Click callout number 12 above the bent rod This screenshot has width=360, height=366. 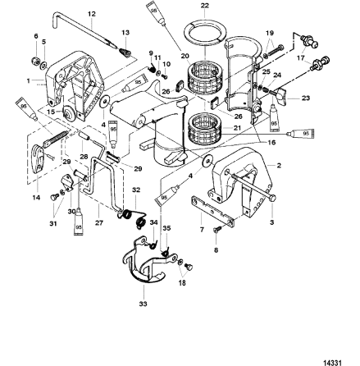click(x=92, y=14)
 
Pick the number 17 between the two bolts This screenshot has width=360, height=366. click(x=300, y=58)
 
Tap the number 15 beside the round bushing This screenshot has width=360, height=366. click(x=28, y=111)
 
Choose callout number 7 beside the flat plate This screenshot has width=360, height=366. click(x=203, y=231)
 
